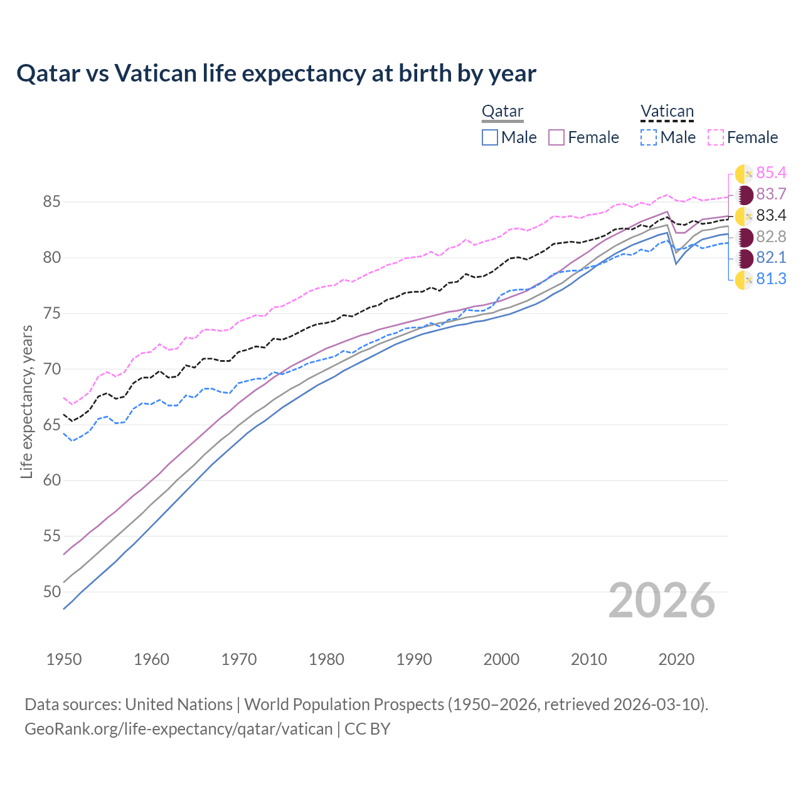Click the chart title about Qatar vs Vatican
276,73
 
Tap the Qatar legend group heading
502,112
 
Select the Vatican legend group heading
667,112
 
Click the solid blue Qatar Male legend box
490,137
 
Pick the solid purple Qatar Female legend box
557,137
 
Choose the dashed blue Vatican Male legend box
649,137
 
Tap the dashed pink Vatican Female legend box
716,137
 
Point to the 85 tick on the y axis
51,202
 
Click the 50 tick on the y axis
51,592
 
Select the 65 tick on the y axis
51,425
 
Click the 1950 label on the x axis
64,659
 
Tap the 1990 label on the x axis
414,659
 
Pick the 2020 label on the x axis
676,659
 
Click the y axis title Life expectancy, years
26,401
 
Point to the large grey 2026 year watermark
661,600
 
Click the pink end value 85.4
771,173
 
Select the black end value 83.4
771,216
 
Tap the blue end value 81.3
771,279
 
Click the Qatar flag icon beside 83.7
745,194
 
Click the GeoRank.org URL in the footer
179,729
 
